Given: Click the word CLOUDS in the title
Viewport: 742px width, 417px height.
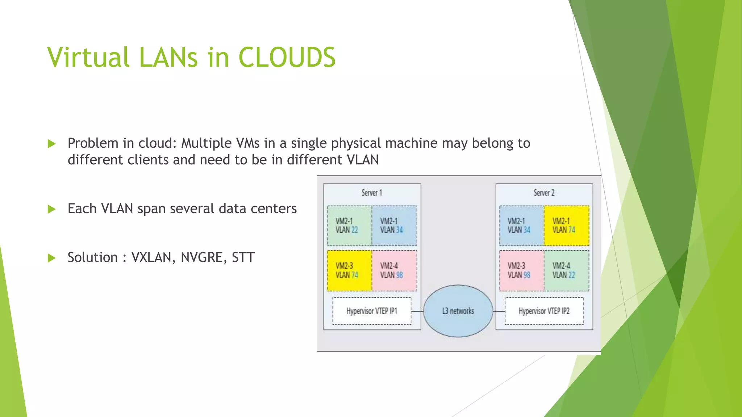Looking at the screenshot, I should pos(287,58).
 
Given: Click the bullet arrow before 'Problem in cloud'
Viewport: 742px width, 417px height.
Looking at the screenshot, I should pos(52,144).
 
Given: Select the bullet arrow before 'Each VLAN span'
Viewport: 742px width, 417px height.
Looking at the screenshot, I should pos(52,209).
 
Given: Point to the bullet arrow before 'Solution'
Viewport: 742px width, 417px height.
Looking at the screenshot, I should pos(52,258).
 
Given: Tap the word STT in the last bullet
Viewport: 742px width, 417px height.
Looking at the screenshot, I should pos(243,258).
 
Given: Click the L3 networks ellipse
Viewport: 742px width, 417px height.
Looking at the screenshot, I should pos(458,311).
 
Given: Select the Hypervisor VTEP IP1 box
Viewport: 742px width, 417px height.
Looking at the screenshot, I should pos(372,311).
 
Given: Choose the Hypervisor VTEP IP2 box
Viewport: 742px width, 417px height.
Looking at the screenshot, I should pos(544,311).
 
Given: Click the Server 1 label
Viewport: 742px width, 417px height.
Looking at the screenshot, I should pos(372,193).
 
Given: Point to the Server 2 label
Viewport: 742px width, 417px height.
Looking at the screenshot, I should pos(544,193).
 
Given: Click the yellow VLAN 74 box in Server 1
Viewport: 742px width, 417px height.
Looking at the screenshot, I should pos(349,270).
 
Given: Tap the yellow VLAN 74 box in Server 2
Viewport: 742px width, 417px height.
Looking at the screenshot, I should pos(566,226).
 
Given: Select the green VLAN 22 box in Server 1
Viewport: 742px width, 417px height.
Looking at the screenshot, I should pos(349,226).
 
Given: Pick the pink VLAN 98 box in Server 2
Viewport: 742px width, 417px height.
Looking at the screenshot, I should pos(521,270).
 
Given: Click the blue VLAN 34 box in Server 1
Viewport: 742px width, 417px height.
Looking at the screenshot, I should pos(394,226).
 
